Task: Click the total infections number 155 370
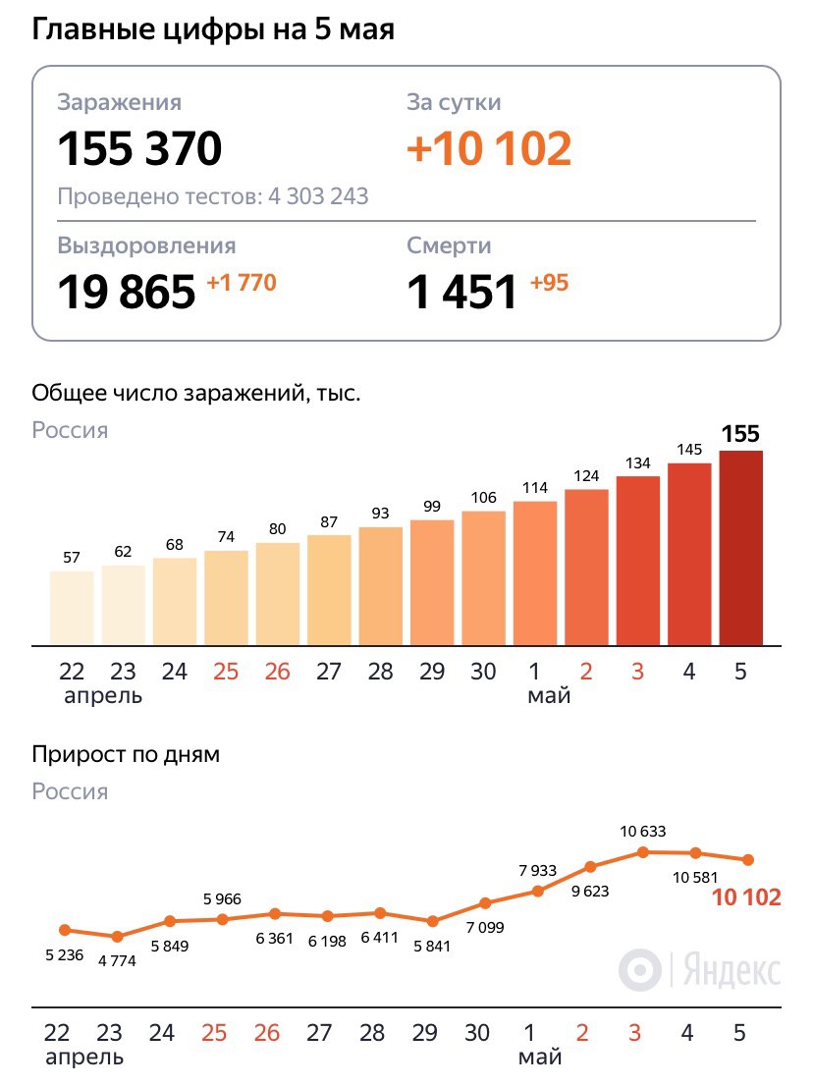[139, 149]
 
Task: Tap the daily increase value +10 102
[489, 149]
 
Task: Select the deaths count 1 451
[461, 292]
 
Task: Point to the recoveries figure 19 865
[127, 292]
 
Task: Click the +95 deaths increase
[549, 283]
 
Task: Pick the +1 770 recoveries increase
[242, 283]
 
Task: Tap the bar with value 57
[72, 608]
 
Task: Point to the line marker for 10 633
[642, 851]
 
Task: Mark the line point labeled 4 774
[117, 937]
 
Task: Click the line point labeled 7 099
[484, 902]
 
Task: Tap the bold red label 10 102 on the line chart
[747, 896]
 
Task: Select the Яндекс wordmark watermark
[732, 970]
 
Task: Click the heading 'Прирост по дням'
[126, 755]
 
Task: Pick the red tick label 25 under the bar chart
[226, 672]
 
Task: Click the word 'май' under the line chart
[540, 1058]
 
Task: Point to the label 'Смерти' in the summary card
[449, 245]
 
